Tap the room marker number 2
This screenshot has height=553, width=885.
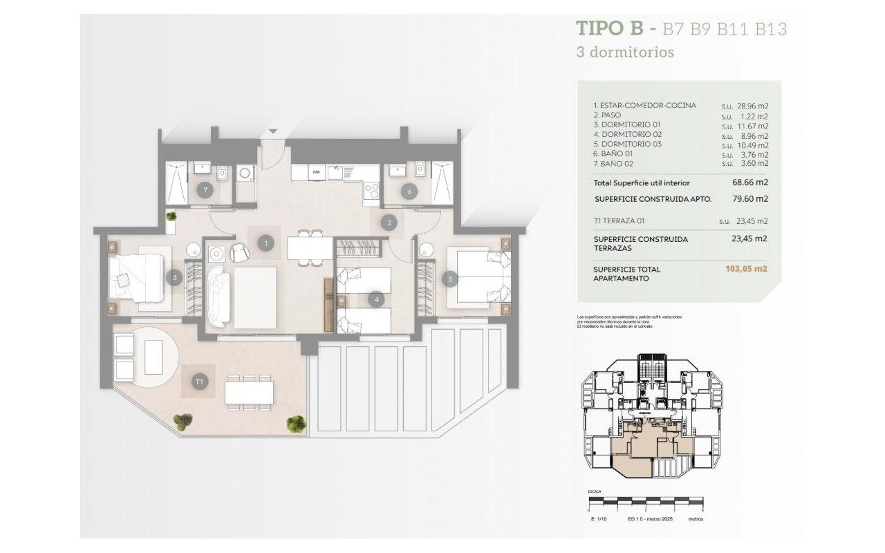pyautogui.click(x=390, y=223)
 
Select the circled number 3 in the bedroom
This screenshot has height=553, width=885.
pyautogui.click(x=175, y=278)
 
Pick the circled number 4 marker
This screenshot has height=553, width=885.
pyautogui.click(x=376, y=299)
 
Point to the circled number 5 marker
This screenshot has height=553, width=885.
pyautogui.click(x=451, y=279)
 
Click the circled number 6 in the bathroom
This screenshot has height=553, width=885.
pyautogui.click(x=410, y=191)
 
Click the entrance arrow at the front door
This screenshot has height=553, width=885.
pyautogui.click(x=274, y=131)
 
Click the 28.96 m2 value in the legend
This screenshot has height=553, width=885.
pyautogui.click(x=752, y=106)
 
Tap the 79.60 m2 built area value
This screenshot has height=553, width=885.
pyautogui.click(x=752, y=199)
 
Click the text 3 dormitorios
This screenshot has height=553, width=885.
pyautogui.click(x=625, y=52)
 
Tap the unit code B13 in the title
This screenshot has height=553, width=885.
pyautogui.click(x=771, y=30)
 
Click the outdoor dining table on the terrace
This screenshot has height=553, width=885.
pyautogui.click(x=249, y=393)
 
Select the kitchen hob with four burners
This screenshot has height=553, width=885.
pyautogui.click(x=371, y=189)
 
